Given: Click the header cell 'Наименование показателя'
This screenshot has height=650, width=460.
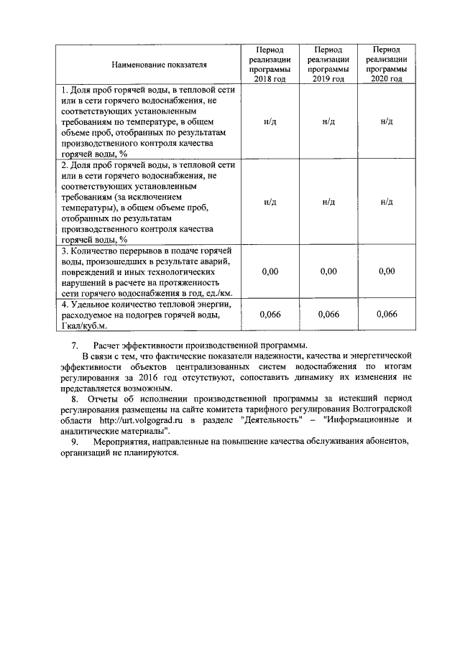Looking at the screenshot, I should click(149, 65).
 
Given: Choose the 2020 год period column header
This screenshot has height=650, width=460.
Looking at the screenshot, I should click(387, 65).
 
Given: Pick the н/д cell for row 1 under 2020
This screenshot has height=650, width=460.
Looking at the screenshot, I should click(387, 121).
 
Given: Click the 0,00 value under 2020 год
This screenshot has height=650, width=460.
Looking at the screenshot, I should click(387, 271).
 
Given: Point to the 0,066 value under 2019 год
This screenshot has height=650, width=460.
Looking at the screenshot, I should click(328, 314).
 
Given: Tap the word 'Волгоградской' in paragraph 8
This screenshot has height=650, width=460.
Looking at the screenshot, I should click(378, 409).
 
